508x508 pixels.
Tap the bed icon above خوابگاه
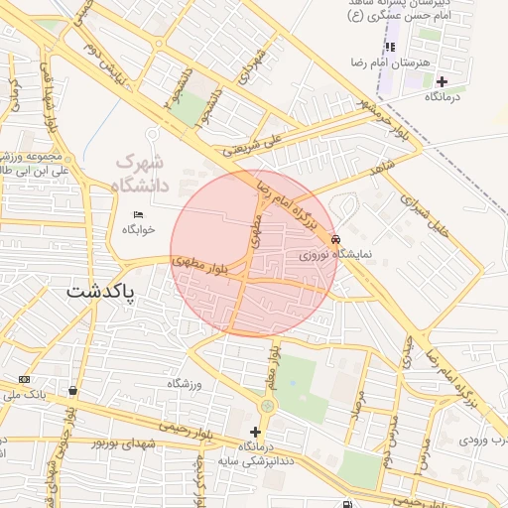[x=138, y=215]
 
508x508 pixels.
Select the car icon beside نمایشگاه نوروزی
[x=337, y=239]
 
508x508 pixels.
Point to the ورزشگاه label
[x=185, y=383]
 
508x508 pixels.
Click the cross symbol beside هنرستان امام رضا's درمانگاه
[x=442, y=80]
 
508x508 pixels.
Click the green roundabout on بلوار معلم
[x=267, y=405]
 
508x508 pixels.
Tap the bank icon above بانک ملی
[x=24, y=380]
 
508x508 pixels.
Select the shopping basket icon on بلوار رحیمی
[x=72, y=389]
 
